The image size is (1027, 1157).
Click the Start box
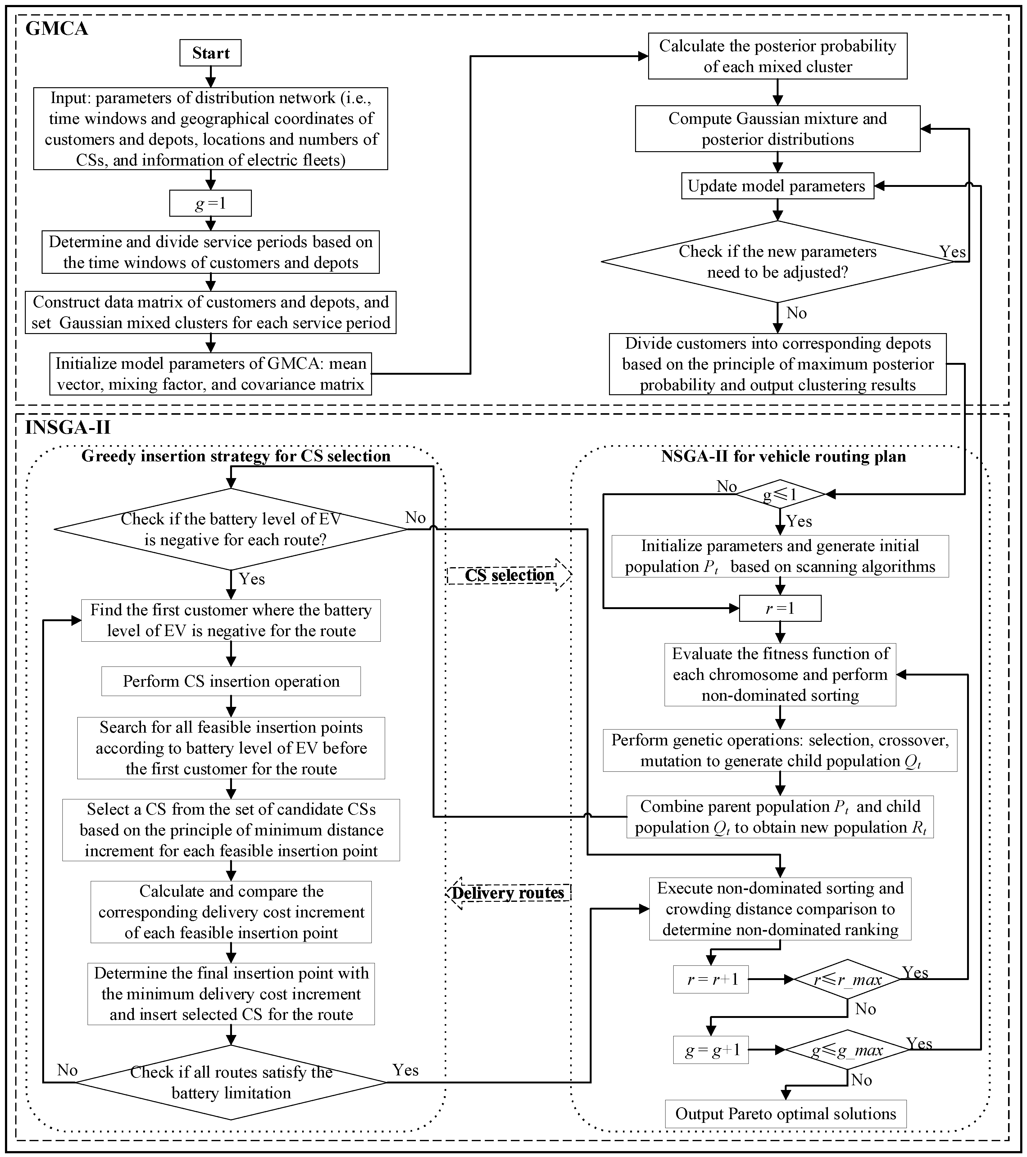tap(211, 53)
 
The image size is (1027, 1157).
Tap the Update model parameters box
tap(777, 186)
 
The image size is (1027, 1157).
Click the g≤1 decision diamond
tap(780, 495)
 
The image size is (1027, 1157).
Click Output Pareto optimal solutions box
tap(785, 1114)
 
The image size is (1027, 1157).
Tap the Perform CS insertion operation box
tap(231, 681)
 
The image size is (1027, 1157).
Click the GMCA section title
tap(57, 28)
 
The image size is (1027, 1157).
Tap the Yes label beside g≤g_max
tap(919, 1043)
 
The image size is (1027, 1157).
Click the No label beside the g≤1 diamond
tap(726, 487)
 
